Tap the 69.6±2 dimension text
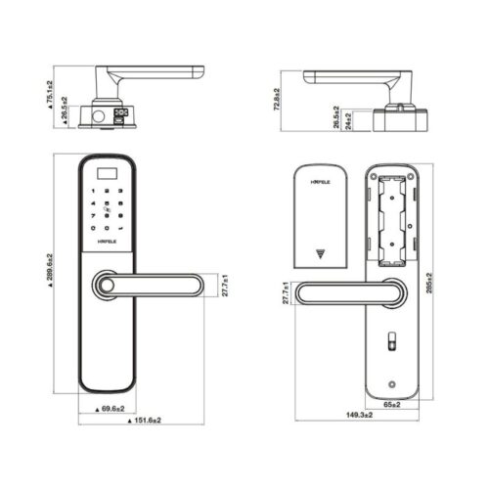point(115,407)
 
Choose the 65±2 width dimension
point(391,402)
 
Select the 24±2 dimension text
point(347,119)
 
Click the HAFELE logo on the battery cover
point(320,182)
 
